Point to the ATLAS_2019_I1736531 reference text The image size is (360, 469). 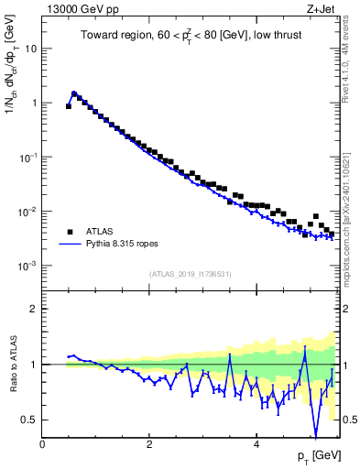click(191, 273)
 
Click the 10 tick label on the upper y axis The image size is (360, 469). click(29, 48)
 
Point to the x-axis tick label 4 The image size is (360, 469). click(256, 444)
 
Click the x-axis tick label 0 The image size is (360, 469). click(42, 444)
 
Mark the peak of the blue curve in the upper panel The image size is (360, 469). click(74, 93)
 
